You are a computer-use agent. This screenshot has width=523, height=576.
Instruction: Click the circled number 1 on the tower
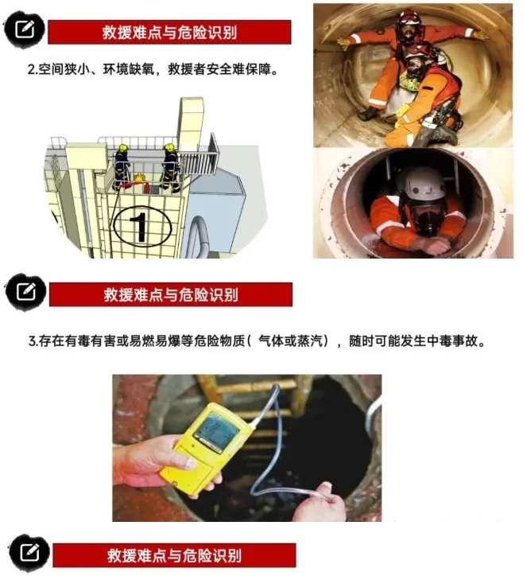pyautogui.click(x=142, y=226)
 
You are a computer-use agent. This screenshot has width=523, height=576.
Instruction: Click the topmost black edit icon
pyautogui.click(x=24, y=29)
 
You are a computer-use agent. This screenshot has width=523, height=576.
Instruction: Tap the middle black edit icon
pyautogui.click(x=25, y=292)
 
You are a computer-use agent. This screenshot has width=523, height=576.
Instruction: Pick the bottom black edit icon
pyautogui.click(x=29, y=552)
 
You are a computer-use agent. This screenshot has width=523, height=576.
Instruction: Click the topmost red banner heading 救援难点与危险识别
pyautogui.click(x=169, y=33)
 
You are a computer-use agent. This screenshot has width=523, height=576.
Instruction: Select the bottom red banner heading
pyautogui.click(x=174, y=555)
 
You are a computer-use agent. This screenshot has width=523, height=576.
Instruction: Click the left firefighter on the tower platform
pyautogui.click(x=122, y=166)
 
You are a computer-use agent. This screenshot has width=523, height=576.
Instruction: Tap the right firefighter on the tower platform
pyautogui.click(x=170, y=168)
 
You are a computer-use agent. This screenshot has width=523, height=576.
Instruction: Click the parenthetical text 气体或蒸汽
pyautogui.click(x=292, y=341)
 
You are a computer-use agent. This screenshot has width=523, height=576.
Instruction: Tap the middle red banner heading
pyautogui.click(x=171, y=294)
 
